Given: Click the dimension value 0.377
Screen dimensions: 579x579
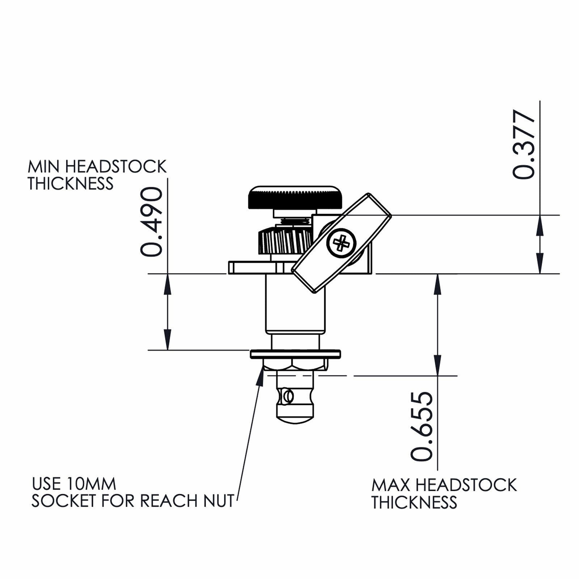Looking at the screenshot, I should coord(524,145).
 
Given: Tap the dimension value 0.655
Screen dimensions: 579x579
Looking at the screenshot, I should coord(422,426).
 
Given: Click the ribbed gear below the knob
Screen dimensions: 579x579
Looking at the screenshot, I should coord(284,240).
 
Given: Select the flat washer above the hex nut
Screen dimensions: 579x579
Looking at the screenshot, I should coord(295,354).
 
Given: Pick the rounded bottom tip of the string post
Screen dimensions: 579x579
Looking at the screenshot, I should coord(295,420).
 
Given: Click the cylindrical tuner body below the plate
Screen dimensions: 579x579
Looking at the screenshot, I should coord(295,304).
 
